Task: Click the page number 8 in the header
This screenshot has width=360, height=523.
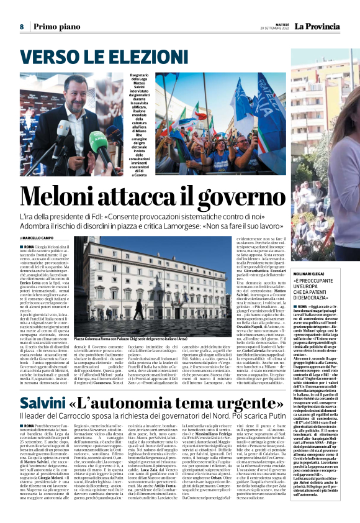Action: pos(21,27)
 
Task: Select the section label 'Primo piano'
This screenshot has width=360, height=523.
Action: pos(56,27)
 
